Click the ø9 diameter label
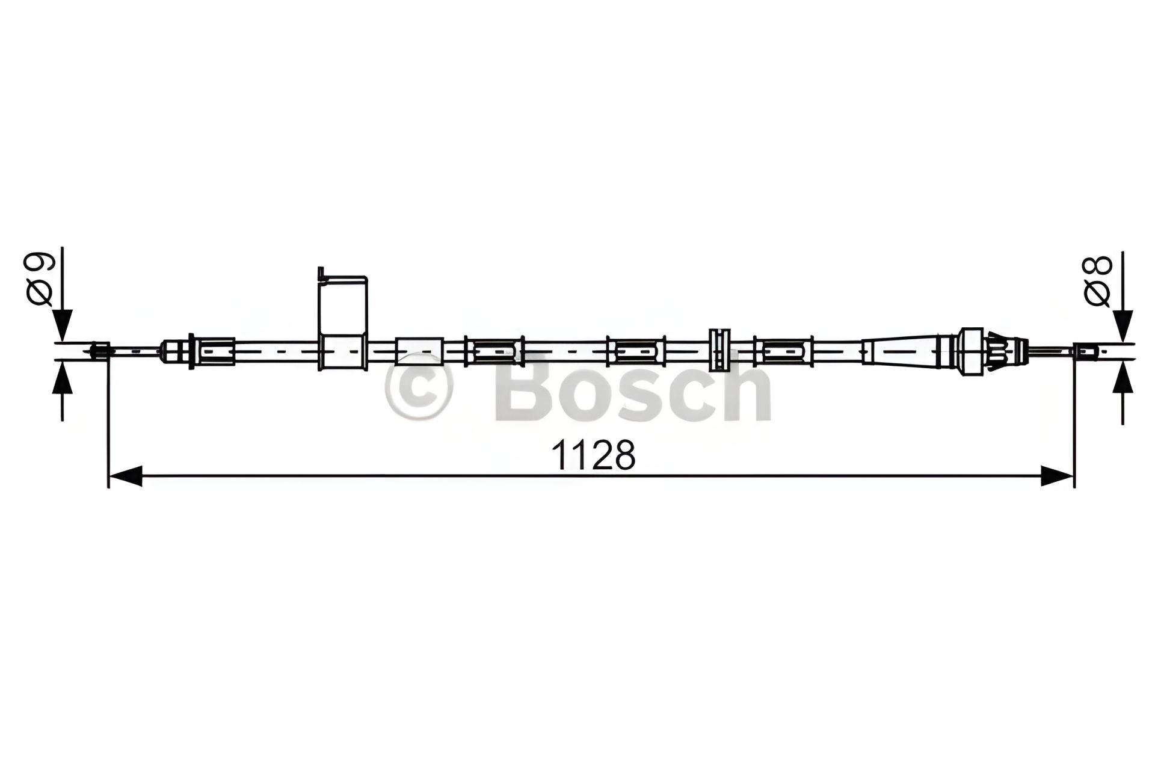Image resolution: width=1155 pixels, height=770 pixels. [x=40, y=280]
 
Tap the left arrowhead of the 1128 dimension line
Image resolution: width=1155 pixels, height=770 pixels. [x=125, y=476]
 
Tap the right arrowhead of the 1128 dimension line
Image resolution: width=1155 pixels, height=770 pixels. [x=1057, y=476]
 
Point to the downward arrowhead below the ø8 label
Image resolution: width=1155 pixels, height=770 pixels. [x=1123, y=327]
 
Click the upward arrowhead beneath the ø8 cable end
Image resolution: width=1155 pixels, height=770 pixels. [x=1123, y=377]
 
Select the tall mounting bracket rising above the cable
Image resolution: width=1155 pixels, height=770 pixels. [x=343, y=319]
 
